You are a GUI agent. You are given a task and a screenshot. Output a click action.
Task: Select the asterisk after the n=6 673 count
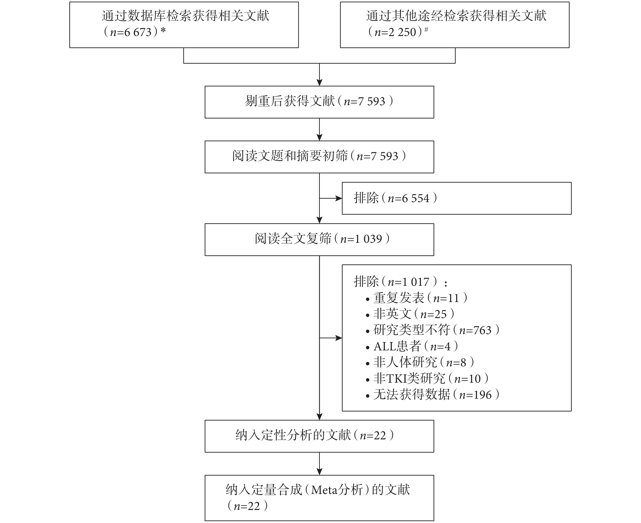click(x=163, y=31)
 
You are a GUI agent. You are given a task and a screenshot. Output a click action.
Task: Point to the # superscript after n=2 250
click(x=426, y=30)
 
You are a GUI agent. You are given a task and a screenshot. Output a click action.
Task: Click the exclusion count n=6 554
click(x=409, y=198)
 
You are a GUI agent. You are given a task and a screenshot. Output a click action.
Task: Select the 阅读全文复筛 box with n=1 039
click(x=319, y=240)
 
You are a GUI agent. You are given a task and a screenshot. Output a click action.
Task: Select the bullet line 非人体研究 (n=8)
click(x=420, y=362)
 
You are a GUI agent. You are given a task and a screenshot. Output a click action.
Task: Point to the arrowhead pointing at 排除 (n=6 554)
click(x=339, y=198)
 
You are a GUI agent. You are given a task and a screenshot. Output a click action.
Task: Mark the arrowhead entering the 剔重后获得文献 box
click(x=319, y=82)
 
